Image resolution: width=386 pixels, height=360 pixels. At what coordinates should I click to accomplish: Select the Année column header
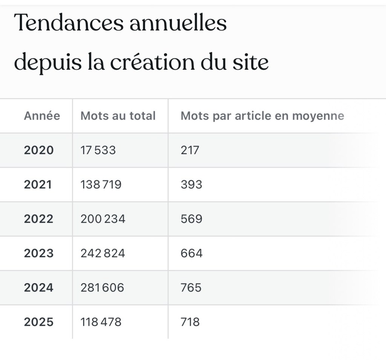tap(42, 116)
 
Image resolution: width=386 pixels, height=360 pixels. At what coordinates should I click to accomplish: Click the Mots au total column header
tap(118, 116)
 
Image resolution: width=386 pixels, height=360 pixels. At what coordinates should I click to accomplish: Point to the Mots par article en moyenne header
tap(262, 116)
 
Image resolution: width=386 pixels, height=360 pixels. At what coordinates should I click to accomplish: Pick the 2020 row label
tap(39, 150)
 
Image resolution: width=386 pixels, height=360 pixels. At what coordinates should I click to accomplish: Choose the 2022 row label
tap(39, 219)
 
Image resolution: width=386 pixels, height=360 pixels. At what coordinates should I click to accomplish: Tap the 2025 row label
tap(39, 322)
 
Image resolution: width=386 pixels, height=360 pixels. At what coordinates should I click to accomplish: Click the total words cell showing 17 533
tap(98, 150)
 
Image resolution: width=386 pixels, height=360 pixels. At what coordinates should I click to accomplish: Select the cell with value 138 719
tap(101, 184)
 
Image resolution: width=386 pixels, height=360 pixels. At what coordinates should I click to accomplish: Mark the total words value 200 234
tap(103, 219)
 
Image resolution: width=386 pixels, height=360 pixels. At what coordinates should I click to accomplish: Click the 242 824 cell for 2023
tap(103, 253)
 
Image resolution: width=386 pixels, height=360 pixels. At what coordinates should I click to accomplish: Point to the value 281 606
tap(102, 288)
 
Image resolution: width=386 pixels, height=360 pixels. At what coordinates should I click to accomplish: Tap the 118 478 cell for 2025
tap(101, 322)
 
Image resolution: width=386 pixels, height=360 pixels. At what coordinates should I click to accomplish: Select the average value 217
tap(190, 150)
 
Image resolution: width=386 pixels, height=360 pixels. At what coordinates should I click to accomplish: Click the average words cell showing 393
tap(191, 184)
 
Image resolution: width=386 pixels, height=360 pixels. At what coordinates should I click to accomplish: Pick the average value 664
tap(191, 253)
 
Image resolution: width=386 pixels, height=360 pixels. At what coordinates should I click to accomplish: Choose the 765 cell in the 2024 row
tap(191, 288)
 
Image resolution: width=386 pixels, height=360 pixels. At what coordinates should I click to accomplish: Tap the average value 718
tap(190, 322)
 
